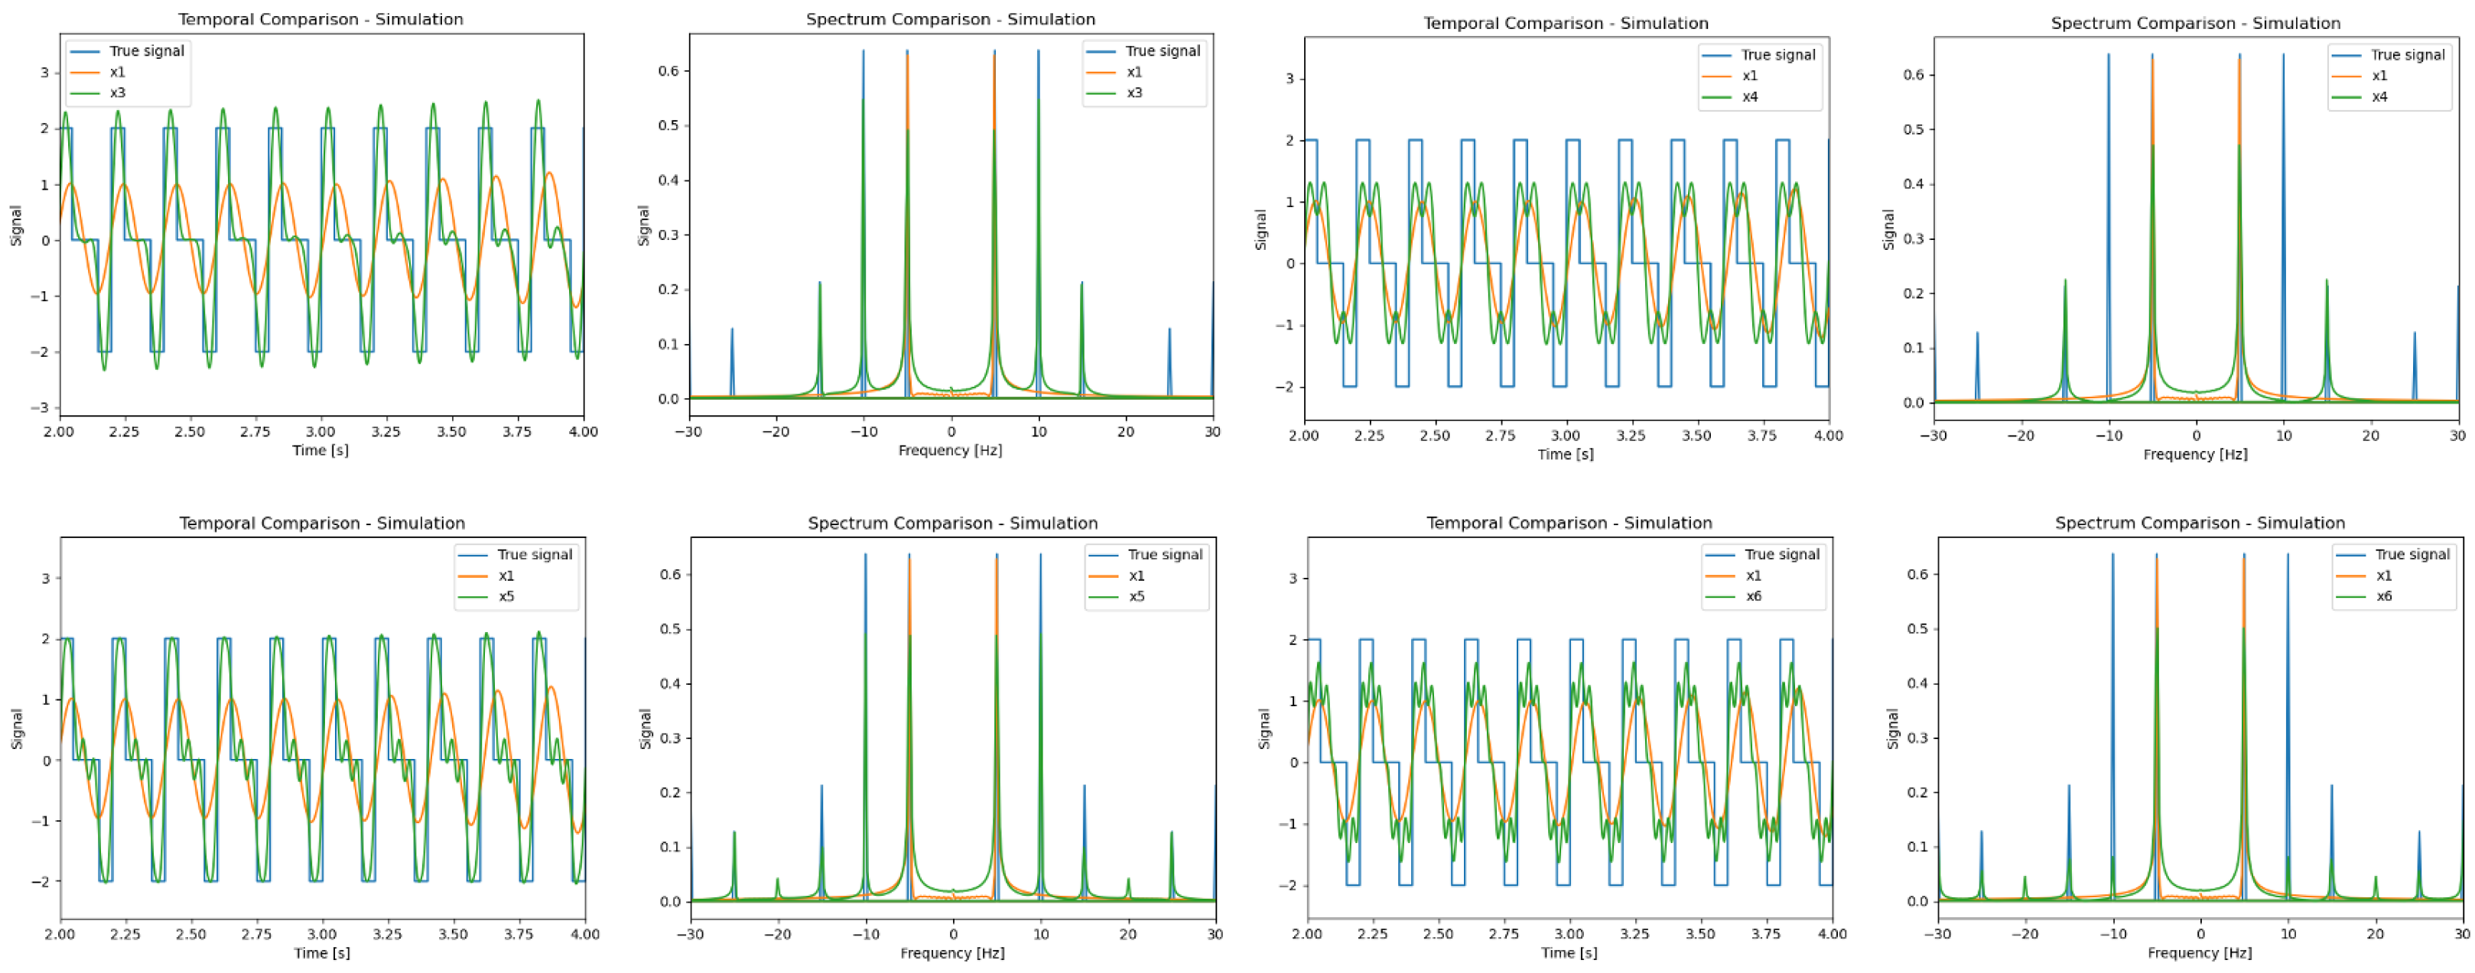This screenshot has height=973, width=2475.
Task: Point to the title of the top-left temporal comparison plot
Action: tap(321, 19)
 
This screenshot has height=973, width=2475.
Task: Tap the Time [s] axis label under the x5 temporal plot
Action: tap(322, 953)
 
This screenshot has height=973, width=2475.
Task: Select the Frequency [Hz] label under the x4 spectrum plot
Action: tap(2194, 453)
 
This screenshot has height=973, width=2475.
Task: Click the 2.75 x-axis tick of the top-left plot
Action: tap(255, 432)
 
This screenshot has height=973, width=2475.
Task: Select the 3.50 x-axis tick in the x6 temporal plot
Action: tap(1700, 933)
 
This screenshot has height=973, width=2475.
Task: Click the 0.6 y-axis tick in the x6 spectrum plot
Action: tap(1917, 574)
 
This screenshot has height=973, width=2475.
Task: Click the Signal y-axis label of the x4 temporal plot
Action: tap(1261, 231)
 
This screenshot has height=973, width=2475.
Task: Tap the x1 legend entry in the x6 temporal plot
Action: tap(1754, 576)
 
